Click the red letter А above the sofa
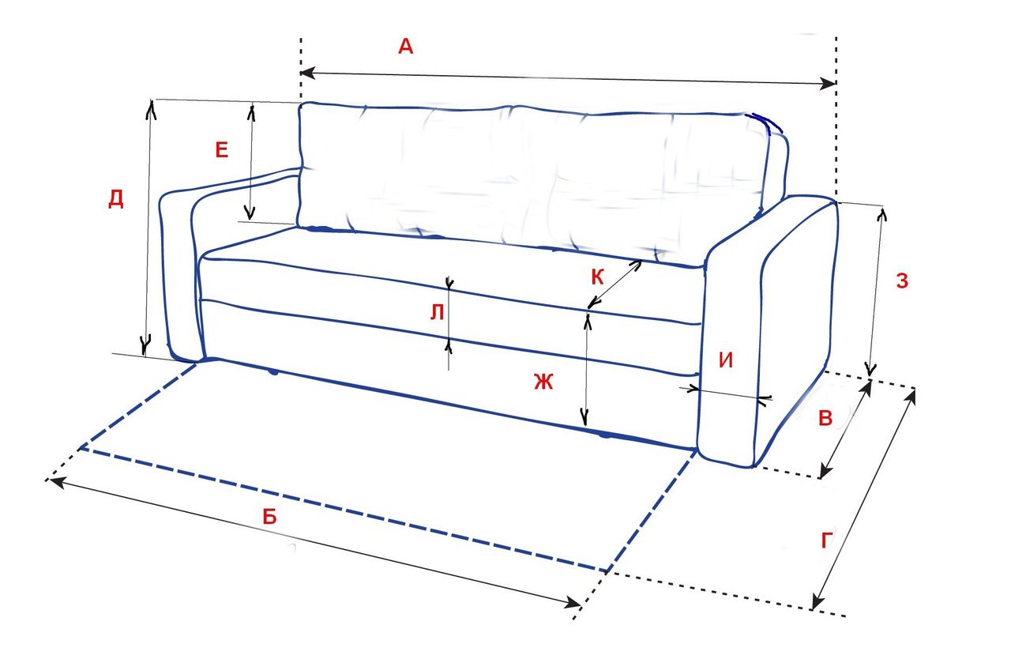[405, 47]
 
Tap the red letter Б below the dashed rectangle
[269, 517]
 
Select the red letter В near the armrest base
[825, 418]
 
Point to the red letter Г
[827, 541]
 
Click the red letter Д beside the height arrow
[116, 199]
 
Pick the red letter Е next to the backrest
[222, 150]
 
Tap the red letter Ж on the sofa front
[543, 382]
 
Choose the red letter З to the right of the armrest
[902, 281]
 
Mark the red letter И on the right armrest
[727, 360]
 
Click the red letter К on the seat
[597, 277]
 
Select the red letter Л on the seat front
[436, 314]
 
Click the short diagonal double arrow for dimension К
[614, 283]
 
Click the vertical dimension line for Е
[251, 162]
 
